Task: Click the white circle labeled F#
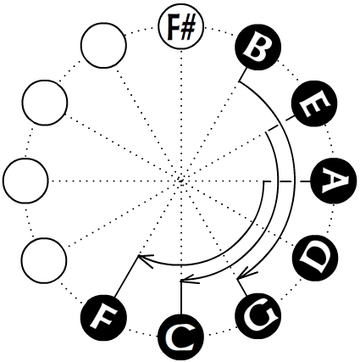tap(180, 26)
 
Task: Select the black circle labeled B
tap(258, 47)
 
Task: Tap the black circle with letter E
tap(314, 103)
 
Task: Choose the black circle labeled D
tap(315, 258)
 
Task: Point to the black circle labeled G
tap(258, 315)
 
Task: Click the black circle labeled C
tap(180, 337)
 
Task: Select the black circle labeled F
tap(103, 317)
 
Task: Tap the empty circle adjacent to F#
tap(103, 45)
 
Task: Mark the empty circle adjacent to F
tap(44, 260)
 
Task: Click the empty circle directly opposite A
tap(26, 181)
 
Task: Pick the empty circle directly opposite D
tap(45, 103)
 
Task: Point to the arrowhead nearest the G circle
tap(245, 276)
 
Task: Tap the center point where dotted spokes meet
tap(180, 180)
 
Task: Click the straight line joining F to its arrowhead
tap(126, 276)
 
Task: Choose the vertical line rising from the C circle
tap(180, 297)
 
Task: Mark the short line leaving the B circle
tap(242, 75)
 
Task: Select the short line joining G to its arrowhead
tap(242, 287)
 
